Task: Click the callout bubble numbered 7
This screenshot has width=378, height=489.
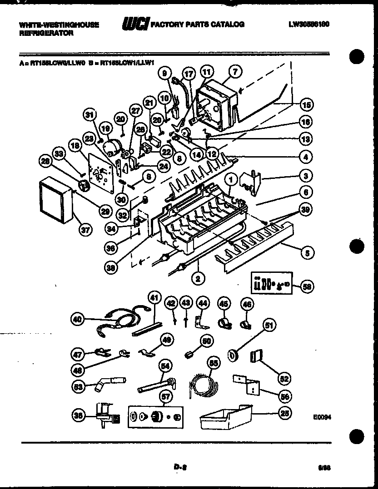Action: (235, 71)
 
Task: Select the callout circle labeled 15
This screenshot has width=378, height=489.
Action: (307, 105)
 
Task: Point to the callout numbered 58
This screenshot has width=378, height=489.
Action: (307, 286)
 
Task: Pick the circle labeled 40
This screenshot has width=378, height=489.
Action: (78, 320)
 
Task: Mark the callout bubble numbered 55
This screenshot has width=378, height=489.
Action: (212, 362)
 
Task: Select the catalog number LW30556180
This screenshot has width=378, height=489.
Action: (308, 24)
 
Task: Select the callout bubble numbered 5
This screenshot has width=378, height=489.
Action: (307, 252)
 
